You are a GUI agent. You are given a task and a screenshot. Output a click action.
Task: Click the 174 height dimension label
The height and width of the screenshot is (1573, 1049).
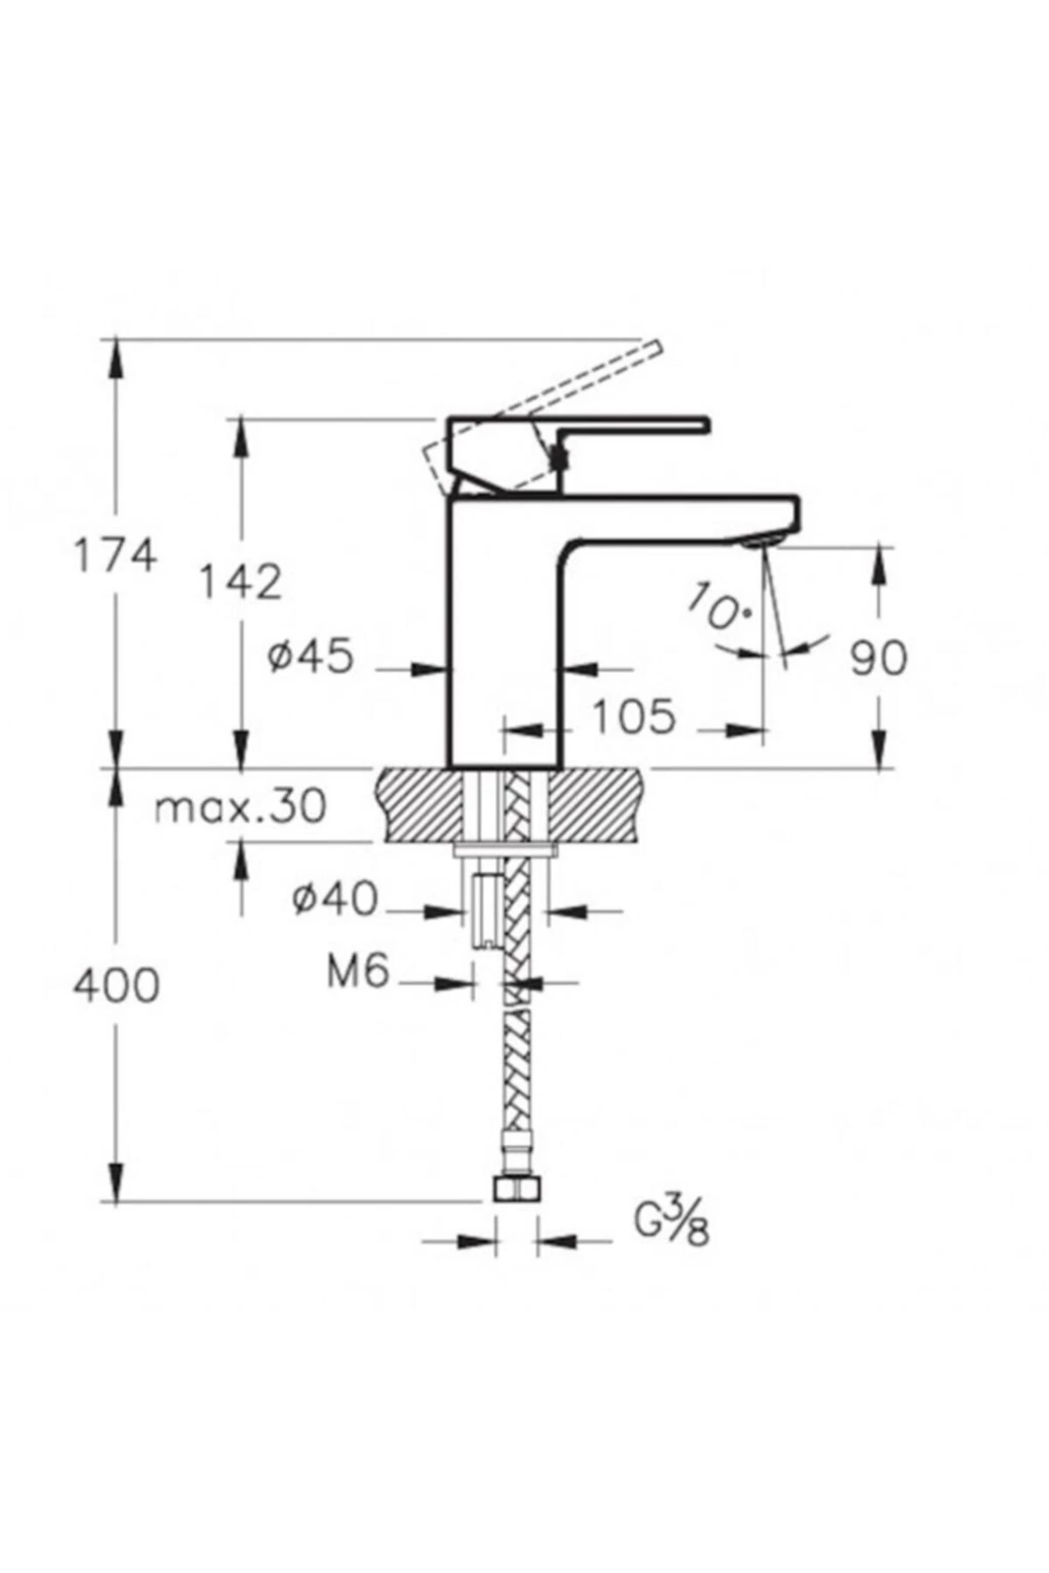pos(115,556)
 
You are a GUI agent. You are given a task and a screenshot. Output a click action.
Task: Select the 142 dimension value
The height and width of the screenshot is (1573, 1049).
pos(240,582)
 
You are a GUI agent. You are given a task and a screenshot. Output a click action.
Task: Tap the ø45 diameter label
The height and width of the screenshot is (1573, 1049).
pos(311,656)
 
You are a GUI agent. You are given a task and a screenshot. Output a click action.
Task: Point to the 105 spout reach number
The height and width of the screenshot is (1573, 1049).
pos(635,717)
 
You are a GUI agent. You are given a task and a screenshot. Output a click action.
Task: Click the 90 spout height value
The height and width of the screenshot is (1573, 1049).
pos(879,658)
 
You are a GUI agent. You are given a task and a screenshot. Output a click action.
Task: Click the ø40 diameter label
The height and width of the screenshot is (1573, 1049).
pos(336,898)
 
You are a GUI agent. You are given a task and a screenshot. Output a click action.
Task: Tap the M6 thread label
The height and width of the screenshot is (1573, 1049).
pos(358,971)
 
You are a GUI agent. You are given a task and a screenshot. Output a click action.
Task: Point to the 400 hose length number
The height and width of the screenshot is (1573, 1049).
pos(116,987)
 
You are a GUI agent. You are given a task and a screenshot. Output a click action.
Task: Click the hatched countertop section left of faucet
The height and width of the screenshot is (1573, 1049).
pos(420,805)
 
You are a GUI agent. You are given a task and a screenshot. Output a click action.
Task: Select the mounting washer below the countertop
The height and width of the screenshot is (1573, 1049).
pos(505,849)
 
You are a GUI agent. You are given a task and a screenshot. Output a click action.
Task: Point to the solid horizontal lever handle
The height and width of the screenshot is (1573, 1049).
pos(629,425)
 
